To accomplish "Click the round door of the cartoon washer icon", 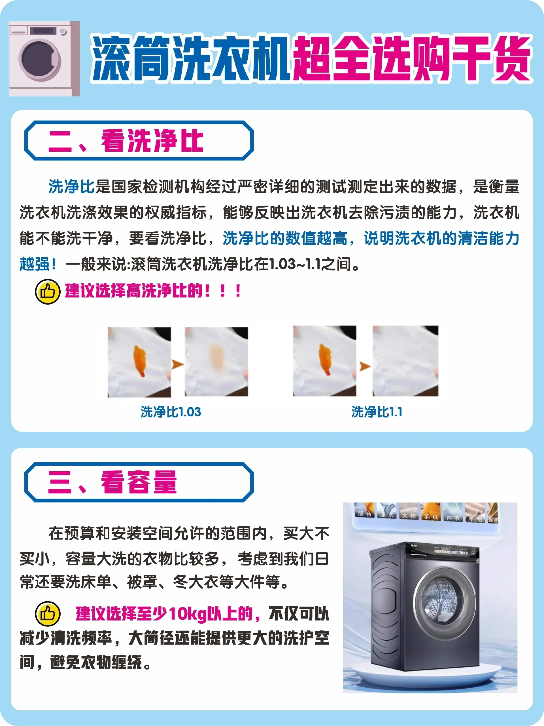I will [x=40, y=59].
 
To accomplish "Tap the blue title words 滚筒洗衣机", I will [x=190, y=58].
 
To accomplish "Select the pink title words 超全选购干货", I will [x=411, y=58].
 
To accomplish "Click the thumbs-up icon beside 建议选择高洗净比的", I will [x=48, y=292].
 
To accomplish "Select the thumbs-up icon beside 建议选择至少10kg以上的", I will [x=48, y=613].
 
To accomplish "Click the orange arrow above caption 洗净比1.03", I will [x=177, y=364].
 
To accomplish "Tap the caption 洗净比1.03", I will [x=171, y=412].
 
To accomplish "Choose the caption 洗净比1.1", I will [x=377, y=412].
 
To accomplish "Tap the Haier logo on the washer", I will [x=414, y=545].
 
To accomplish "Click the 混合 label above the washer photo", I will [x=364, y=514].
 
